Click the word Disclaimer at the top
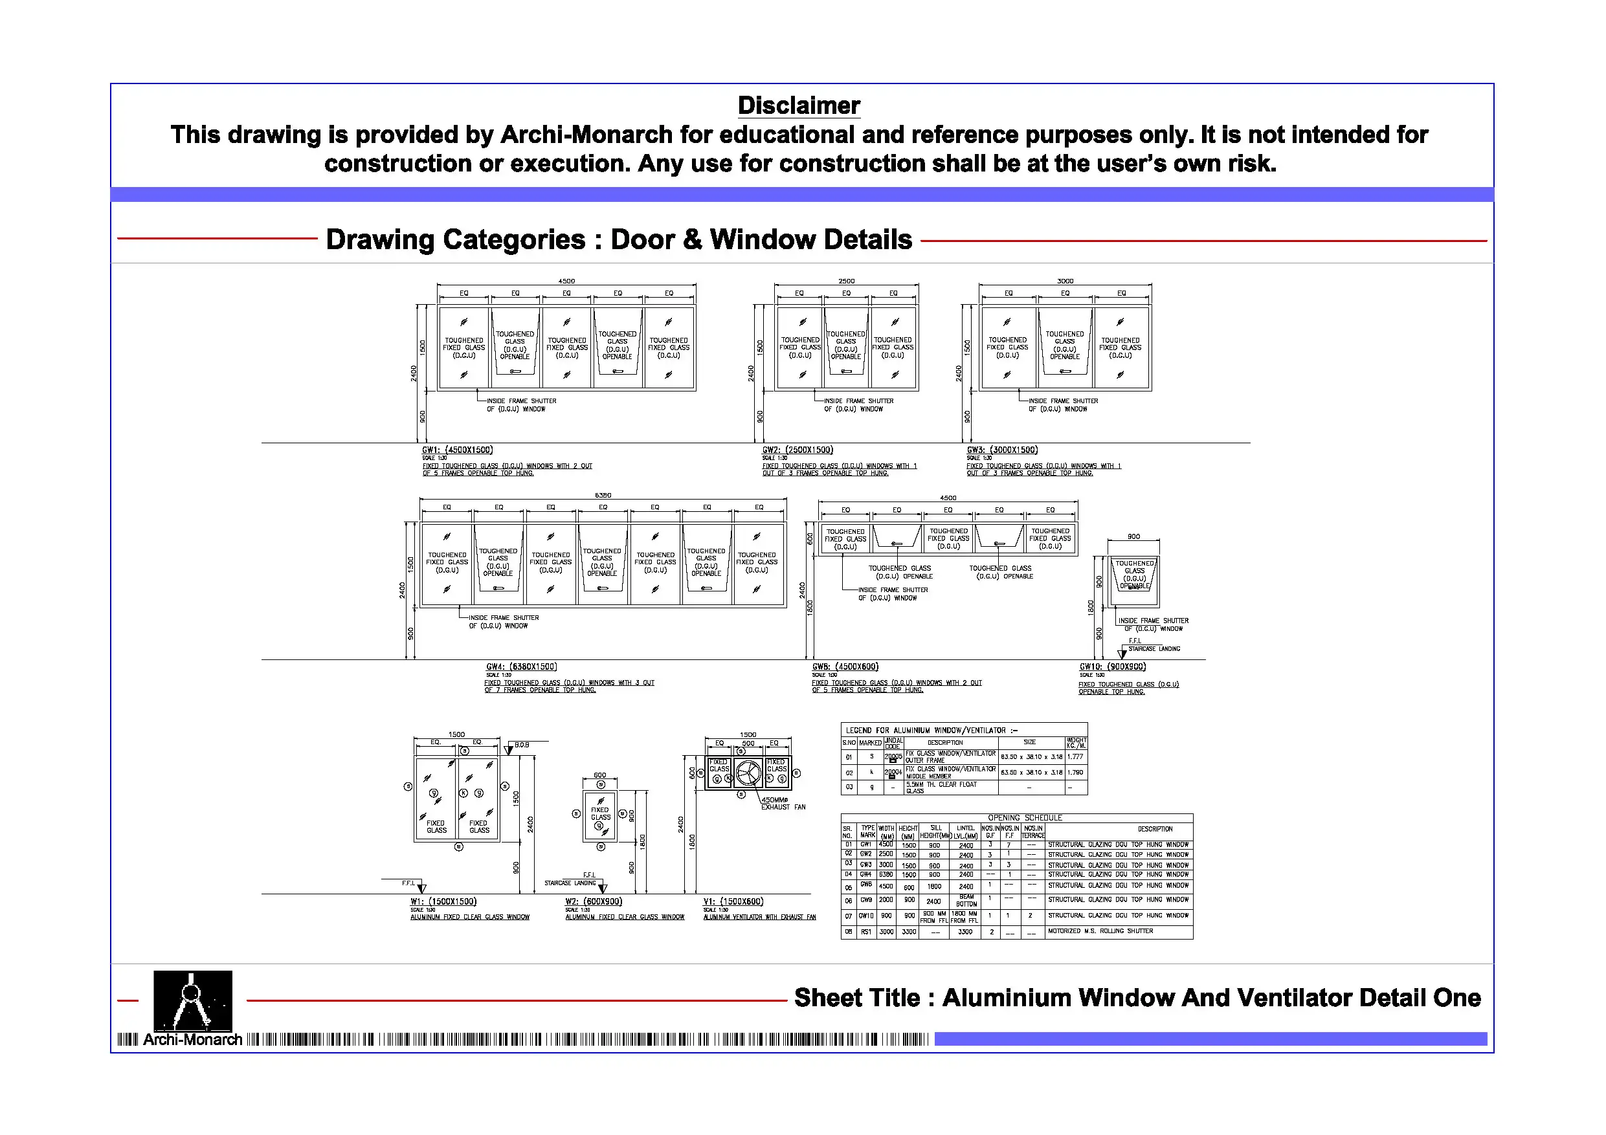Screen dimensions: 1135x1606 tap(798, 105)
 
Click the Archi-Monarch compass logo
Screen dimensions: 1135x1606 tap(192, 1001)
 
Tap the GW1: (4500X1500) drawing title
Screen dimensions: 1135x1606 tap(458, 450)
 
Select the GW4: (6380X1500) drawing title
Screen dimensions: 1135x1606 tap(521, 667)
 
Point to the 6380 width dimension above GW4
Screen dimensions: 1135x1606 tap(602, 495)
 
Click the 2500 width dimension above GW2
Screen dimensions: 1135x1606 tap(846, 281)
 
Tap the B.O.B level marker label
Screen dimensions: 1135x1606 tap(522, 745)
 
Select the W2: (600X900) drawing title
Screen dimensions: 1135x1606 tap(593, 901)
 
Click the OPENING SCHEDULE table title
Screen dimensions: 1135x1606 tap(1025, 817)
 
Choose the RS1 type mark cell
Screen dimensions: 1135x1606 tap(867, 932)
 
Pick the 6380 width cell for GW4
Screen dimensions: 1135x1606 tap(886, 874)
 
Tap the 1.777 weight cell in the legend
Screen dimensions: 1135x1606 tap(1075, 756)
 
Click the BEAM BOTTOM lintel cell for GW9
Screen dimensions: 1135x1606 tap(966, 901)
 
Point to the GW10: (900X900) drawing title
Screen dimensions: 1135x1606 tap(1112, 667)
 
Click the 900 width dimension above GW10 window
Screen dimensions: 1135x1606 tap(1133, 537)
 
